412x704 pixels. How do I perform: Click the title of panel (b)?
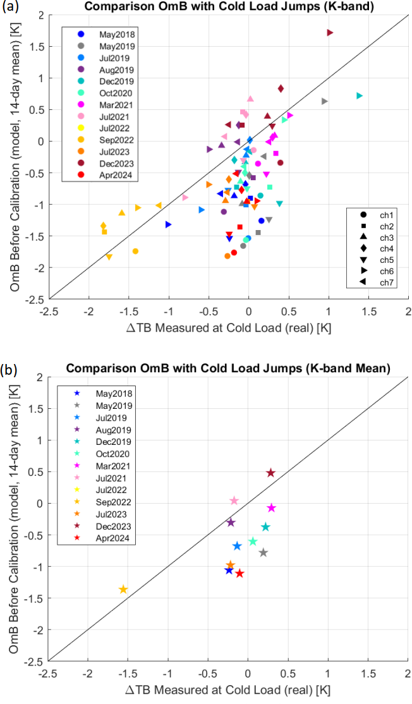[229, 368]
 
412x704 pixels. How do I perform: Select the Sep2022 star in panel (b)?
[123, 590]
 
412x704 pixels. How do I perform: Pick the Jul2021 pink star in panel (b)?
[234, 501]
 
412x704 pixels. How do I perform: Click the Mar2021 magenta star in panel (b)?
[272, 508]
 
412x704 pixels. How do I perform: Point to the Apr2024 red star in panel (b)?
[239, 573]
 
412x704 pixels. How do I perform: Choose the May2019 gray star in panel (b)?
[264, 553]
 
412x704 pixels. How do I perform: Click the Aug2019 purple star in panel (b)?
[231, 523]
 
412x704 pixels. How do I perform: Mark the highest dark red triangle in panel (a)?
[330, 32]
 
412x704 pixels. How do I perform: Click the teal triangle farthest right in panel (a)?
[359, 95]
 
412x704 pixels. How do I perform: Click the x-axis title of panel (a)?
[229, 329]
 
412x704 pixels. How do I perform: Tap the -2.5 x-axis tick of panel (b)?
[49, 672]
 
